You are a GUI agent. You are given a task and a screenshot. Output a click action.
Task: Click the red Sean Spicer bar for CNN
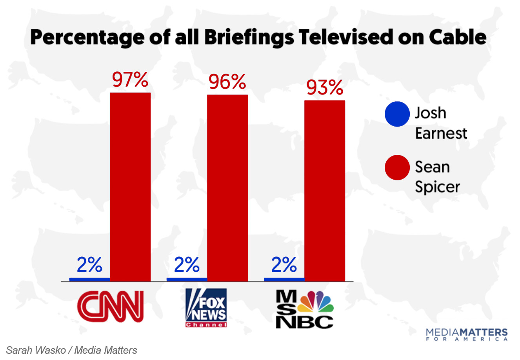coord(130,187)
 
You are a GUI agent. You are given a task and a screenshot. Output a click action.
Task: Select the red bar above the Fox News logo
coord(227,188)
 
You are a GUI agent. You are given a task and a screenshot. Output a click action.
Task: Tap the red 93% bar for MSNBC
coord(325,191)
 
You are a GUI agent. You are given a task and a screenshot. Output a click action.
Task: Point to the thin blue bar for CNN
coord(89,279)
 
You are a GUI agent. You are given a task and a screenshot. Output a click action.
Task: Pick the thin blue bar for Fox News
coord(187,279)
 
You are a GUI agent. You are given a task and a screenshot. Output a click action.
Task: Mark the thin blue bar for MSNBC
coord(284,279)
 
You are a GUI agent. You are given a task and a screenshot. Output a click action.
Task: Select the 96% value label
coord(227,82)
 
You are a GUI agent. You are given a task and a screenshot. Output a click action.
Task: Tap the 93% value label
coord(325,88)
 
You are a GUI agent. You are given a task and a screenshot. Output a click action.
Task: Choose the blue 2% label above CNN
coord(89,265)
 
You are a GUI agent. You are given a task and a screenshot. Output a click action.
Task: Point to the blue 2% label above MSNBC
coord(284,265)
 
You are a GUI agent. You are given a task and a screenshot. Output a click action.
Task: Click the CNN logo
coord(111,306)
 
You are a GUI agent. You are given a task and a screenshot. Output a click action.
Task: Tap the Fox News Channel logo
coord(206,308)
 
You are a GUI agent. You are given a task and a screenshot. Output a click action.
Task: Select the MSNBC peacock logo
coord(305,309)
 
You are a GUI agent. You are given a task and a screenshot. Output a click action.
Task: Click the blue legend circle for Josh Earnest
coord(397,114)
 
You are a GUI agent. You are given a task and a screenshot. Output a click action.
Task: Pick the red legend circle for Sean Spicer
coord(397,167)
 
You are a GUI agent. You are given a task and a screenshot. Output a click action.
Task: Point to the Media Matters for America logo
coord(467,335)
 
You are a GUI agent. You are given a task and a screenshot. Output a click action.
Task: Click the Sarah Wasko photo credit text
coord(72,350)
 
